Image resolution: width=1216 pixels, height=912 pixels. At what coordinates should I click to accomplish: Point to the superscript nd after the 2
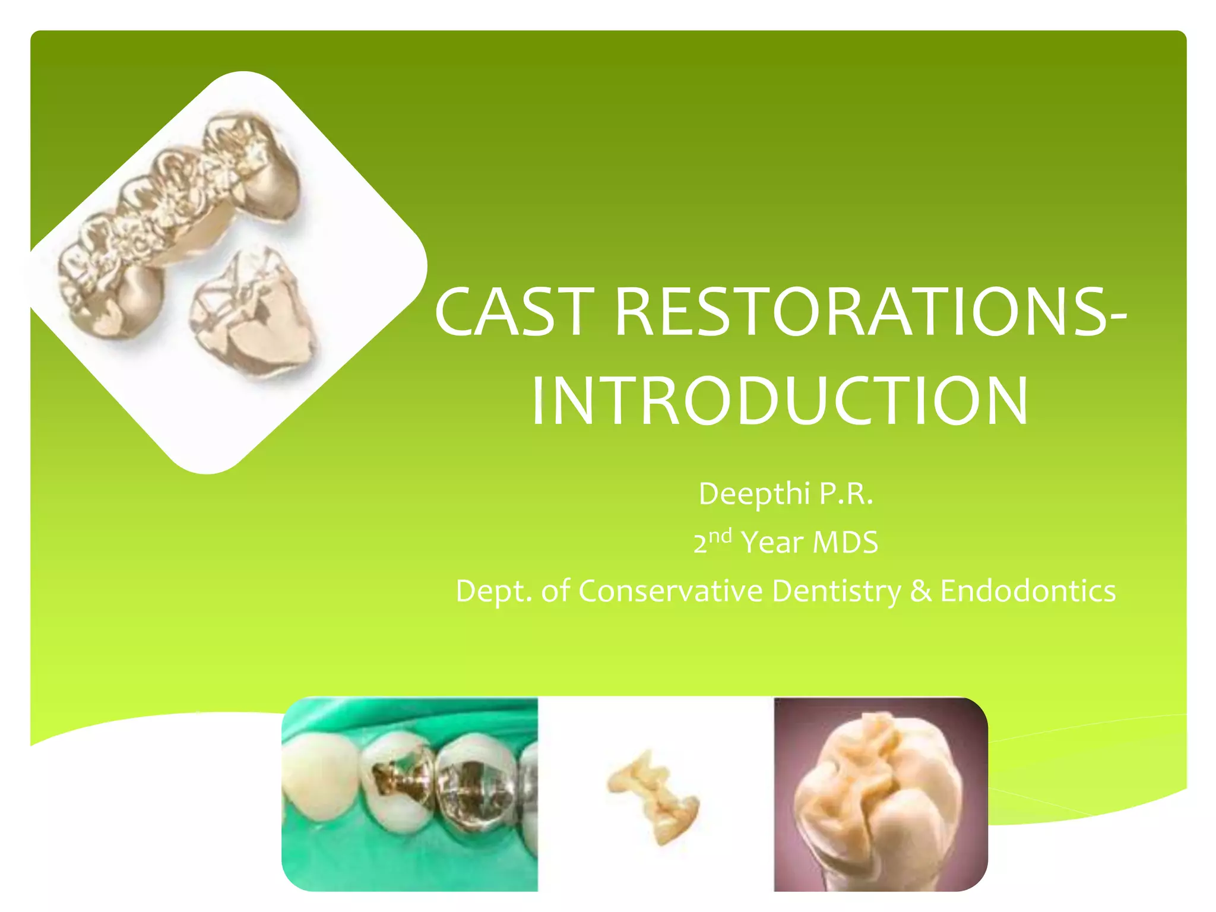tap(720, 536)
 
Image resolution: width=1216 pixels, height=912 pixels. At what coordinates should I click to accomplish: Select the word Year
tap(772, 543)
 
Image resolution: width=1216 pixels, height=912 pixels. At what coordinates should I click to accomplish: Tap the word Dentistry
tap(836, 591)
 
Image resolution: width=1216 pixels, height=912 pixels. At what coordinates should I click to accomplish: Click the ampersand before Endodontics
tap(920, 591)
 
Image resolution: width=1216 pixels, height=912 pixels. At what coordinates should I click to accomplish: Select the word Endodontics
tap(1028, 591)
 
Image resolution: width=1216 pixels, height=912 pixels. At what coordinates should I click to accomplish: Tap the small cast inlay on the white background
tap(653, 796)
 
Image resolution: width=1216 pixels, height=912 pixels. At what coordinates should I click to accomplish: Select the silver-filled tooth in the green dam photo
tap(475, 784)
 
